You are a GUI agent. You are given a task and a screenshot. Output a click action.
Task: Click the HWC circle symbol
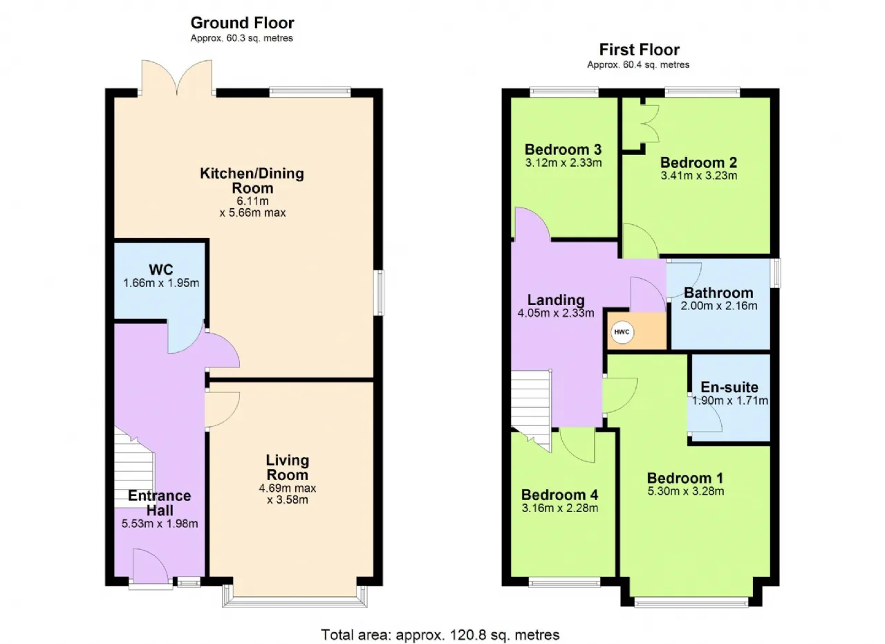pos(622,332)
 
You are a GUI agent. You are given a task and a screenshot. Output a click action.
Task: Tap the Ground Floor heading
pos(242,23)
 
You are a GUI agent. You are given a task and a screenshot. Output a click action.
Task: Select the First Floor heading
pos(640,50)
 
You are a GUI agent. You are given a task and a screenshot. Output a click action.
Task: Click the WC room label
pos(161,270)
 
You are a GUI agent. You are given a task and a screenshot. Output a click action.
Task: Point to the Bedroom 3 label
pos(563,149)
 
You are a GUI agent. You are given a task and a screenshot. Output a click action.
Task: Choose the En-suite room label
pos(729,387)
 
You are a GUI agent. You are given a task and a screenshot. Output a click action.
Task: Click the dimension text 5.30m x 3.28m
pos(685,491)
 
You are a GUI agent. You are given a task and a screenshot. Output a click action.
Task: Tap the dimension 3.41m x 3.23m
pos(699,176)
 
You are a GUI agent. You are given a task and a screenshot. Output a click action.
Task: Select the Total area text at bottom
pos(440,634)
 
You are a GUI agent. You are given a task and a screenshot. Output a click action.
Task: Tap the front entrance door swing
pos(151,566)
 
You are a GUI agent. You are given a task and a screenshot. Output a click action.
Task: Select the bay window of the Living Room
pos(295,596)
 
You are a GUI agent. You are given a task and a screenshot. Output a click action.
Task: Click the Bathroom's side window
pos(776,273)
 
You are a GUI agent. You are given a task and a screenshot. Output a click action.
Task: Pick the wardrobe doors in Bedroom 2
pos(651,123)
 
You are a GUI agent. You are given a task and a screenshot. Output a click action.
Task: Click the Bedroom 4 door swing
pos(577,445)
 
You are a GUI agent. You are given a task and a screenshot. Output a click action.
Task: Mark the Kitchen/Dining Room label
pos(252,181)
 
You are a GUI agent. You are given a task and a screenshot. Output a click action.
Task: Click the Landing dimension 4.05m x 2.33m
pos(555,313)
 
